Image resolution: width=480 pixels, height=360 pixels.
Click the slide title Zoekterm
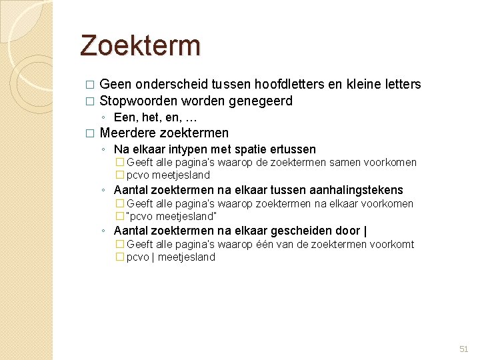coord(140,45)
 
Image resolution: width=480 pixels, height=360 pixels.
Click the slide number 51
coord(464,349)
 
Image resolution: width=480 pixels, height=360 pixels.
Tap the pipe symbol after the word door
coord(365,231)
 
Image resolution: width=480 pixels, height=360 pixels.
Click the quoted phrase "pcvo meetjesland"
coord(171,216)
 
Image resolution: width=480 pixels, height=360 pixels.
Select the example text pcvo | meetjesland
coord(171,257)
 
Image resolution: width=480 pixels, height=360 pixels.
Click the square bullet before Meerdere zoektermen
coord(89,133)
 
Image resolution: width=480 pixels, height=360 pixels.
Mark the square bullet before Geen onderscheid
coord(89,85)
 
